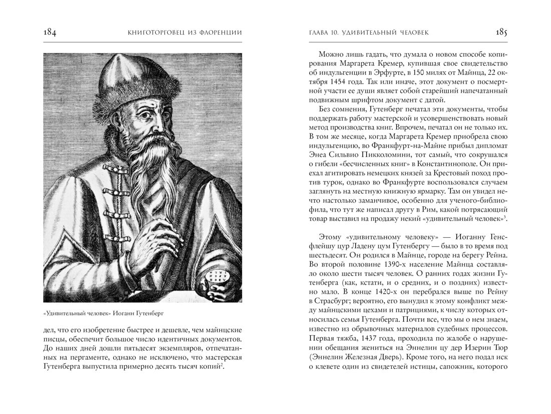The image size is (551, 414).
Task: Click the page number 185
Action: [501, 33]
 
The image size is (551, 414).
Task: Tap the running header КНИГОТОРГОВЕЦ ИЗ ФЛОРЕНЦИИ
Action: [185, 33]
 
